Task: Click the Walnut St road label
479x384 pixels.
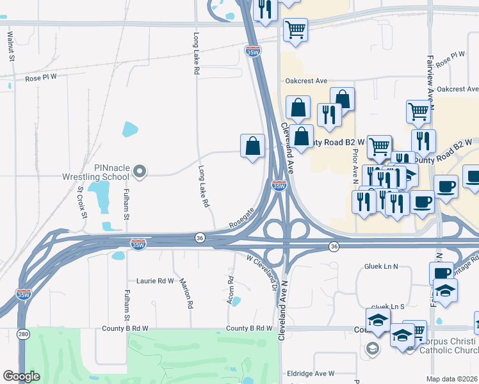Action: pyautogui.click(x=11, y=45)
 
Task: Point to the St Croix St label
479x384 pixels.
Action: pyautogui.click(x=81, y=202)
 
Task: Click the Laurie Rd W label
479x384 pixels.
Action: pyautogui.click(x=155, y=280)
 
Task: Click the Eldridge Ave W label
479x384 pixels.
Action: pyautogui.click(x=311, y=373)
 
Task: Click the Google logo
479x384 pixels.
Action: pyautogui.click(x=20, y=376)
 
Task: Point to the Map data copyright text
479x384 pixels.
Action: pyautogui.click(x=452, y=379)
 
